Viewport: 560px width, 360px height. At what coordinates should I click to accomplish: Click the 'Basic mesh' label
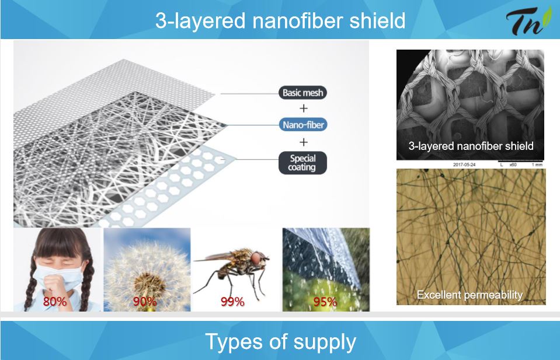302,93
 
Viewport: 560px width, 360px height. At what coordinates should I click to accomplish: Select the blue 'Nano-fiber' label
303,125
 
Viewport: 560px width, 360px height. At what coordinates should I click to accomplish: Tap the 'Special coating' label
302,163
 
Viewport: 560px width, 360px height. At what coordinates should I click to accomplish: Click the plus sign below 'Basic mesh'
304,108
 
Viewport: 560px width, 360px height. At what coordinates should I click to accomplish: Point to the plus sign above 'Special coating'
304,142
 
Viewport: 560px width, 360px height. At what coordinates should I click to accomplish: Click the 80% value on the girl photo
55,302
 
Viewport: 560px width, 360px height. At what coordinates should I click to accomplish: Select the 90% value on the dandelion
145,302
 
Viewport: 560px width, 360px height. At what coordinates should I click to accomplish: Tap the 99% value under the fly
232,302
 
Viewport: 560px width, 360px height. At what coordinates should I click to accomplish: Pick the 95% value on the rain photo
325,302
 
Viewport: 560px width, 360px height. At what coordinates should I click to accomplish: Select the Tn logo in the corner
528,20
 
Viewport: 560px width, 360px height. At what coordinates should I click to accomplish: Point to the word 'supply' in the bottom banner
325,342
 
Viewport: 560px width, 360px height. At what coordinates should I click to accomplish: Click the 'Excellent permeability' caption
469,295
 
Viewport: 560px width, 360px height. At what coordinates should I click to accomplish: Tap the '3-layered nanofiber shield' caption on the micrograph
471,146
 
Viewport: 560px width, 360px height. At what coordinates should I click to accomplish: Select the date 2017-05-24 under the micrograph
464,165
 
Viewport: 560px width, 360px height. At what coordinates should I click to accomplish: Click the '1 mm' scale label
537,165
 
